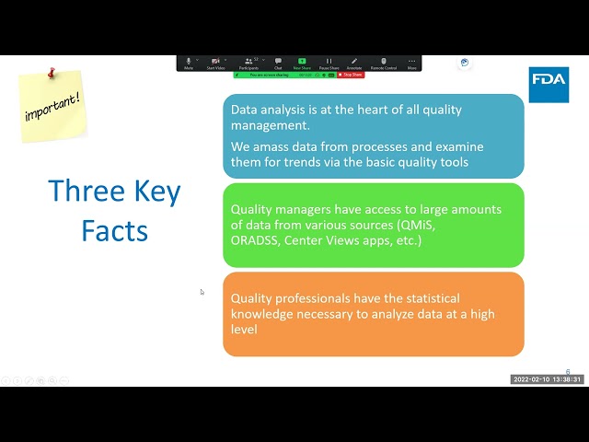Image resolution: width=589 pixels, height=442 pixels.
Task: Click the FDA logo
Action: click(x=549, y=84)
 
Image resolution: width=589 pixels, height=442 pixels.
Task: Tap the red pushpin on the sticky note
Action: click(x=52, y=71)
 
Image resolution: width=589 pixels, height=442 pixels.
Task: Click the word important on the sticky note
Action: click(x=52, y=102)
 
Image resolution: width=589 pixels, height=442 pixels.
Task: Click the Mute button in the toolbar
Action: click(x=189, y=63)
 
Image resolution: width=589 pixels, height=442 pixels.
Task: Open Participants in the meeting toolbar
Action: click(x=248, y=63)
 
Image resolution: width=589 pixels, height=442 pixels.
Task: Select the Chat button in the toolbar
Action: click(x=278, y=63)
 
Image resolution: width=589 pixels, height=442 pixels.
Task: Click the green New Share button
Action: click(x=302, y=63)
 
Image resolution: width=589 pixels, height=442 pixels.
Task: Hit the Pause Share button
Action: click(x=329, y=63)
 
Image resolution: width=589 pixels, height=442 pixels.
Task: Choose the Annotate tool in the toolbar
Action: click(x=354, y=63)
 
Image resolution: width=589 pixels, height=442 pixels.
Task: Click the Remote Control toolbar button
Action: click(x=384, y=63)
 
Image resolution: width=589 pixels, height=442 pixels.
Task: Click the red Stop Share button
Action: click(x=352, y=75)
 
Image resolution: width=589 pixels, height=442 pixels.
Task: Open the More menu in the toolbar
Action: click(x=411, y=63)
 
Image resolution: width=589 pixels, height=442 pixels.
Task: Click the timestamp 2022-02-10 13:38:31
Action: click(x=548, y=379)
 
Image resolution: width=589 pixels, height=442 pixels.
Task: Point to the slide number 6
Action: click(x=568, y=372)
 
